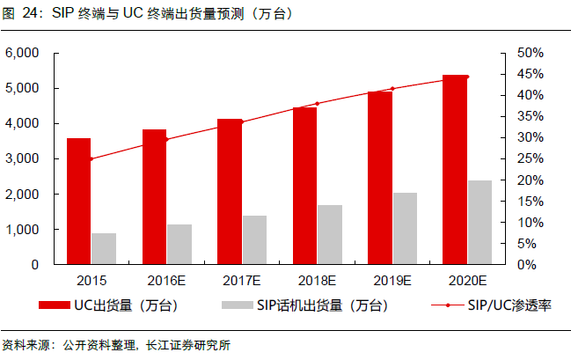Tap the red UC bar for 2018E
click(304, 185)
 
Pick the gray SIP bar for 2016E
click(179, 244)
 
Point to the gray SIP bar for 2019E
click(405, 228)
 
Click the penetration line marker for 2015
click(91, 158)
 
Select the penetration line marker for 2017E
click(242, 121)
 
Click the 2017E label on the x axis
click(241, 281)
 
